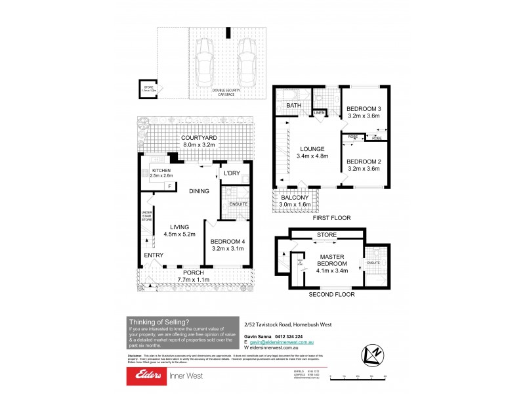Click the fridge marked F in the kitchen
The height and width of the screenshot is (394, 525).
tap(170, 186)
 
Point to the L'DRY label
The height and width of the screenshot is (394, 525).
tap(232, 173)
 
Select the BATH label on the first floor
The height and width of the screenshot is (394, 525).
tap(293, 105)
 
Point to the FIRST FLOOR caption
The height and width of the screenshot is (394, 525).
tap(332, 217)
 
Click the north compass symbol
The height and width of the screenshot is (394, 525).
tap(371, 355)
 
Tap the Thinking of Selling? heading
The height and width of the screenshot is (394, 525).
tap(159, 321)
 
